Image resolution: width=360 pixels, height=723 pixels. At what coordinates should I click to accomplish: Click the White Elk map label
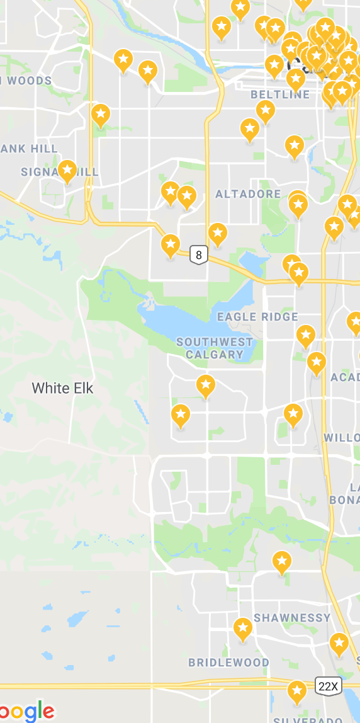click(x=62, y=388)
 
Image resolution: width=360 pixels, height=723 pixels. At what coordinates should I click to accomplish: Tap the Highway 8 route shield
click(x=199, y=255)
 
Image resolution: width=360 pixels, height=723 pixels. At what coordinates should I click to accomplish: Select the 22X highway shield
click(x=327, y=686)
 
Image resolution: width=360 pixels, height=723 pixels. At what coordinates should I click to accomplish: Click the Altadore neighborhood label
click(x=248, y=194)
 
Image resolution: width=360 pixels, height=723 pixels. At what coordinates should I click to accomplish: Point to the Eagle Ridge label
click(x=257, y=316)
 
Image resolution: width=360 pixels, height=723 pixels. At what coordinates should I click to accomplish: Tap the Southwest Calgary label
click(x=214, y=348)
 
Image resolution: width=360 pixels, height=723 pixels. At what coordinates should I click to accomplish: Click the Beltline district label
click(x=280, y=94)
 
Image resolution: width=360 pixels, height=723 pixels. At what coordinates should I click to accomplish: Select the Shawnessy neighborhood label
click(x=292, y=618)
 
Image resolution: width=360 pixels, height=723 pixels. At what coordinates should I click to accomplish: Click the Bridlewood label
click(x=228, y=663)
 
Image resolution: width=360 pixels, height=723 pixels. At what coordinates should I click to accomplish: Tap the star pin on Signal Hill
click(x=67, y=170)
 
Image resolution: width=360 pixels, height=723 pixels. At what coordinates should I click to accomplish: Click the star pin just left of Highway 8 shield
click(x=171, y=244)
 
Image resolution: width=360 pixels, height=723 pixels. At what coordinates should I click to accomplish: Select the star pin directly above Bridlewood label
click(x=243, y=628)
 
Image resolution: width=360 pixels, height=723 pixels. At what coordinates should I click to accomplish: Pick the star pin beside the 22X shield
click(x=296, y=691)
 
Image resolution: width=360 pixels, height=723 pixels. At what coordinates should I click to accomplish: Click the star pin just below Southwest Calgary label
click(x=206, y=385)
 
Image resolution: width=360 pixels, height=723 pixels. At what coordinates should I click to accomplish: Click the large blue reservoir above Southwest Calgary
click(x=189, y=321)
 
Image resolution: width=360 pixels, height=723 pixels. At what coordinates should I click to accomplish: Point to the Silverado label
click(x=307, y=720)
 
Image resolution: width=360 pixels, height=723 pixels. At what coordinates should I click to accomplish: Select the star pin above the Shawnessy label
click(x=281, y=561)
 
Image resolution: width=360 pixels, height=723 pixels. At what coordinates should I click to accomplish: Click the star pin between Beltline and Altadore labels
click(x=250, y=129)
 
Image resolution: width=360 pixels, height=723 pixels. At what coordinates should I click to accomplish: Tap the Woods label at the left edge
click(x=28, y=81)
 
